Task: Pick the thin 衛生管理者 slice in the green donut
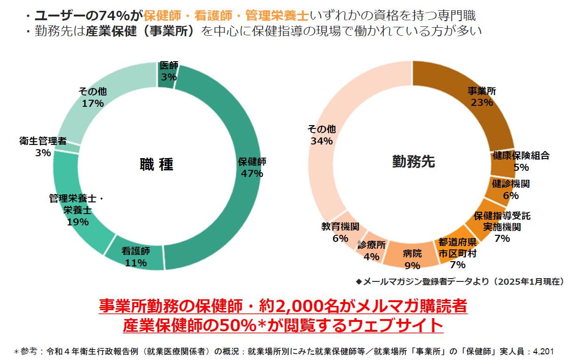pyautogui.click(x=67, y=148)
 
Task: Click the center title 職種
pyautogui.click(x=156, y=164)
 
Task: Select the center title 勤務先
pyautogui.click(x=413, y=162)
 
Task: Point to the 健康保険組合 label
pyautogui.click(x=521, y=156)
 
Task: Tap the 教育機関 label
pyautogui.click(x=340, y=227)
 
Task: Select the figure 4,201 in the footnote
pyautogui.click(x=543, y=351)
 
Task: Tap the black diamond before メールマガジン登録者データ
pyautogui.click(x=359, y=281)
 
